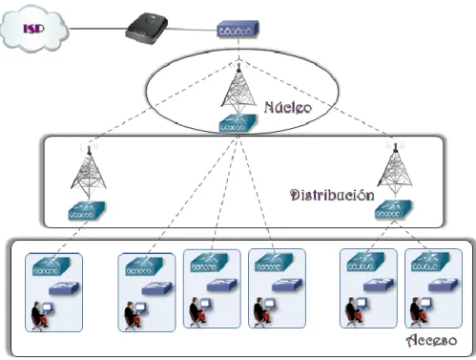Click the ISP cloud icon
click(34, 29)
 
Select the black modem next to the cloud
click(147, 29)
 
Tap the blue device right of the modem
click(238, 30)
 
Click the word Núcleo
click(288, 107)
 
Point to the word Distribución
click(332, 195)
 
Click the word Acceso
click(432, 340)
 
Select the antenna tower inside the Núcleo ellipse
click(238, 85)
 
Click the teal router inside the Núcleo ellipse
click(238, 123)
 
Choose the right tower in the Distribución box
click(395, 169)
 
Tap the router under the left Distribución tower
click(87, 211)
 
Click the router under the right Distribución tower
click(393, 209)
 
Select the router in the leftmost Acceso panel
click(52, 266)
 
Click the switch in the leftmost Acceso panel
click(64, 288)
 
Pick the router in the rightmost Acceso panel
click(430, 262)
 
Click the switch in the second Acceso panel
click(157, 288)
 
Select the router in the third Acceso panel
click(210, 263)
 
